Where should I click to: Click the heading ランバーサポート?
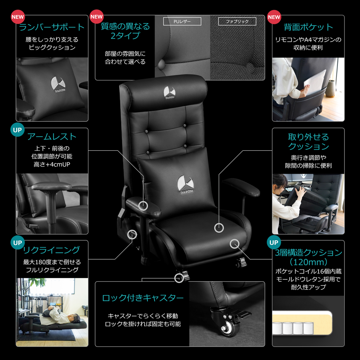tap(52, 27)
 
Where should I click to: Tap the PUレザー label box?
tap(182, 21)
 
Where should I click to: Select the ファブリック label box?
tap(237, 21)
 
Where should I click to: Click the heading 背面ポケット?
tap(308, 27)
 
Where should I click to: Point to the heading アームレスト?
tap(52, 137)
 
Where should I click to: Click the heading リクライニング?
tap(52, 250)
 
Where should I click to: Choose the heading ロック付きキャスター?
tap(142, 298)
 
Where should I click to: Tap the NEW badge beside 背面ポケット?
tap(274, 17)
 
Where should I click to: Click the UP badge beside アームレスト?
tap(18, 130)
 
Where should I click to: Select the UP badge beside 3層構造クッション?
tap(274, 242)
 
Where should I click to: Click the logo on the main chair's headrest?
tap(170, 92)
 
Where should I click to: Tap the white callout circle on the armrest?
tap(143, 206)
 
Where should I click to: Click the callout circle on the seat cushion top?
tap(219, 228)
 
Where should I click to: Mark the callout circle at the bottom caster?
tap(179, 278)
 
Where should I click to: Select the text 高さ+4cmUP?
tap(52, 164)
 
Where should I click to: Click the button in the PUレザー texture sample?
tap(162, 64)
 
